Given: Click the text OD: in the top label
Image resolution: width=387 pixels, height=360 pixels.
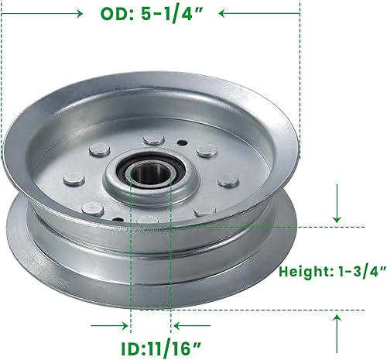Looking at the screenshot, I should [x=118, y=14].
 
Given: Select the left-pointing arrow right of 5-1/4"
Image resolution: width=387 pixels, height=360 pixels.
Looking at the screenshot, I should [x=255, y=13].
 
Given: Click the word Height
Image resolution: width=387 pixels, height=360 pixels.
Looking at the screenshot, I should [x=304, y=272].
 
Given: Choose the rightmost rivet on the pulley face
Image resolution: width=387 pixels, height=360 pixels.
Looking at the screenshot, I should [x=228, y=180].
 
